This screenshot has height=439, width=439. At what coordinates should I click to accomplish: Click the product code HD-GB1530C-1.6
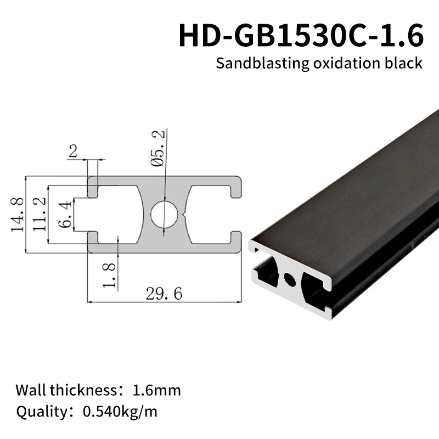tap(301, 36)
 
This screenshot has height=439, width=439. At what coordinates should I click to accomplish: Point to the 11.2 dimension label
tap(40, 215)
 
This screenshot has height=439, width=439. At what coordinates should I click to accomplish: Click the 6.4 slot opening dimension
tap(64, 215)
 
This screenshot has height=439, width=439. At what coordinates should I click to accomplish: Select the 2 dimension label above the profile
tap(73, 151)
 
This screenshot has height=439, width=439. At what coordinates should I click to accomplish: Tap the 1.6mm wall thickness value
tap(157, 391)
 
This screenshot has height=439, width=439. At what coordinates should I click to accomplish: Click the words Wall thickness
tap(66, 391)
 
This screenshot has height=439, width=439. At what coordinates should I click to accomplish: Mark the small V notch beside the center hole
tap(187, 215)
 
